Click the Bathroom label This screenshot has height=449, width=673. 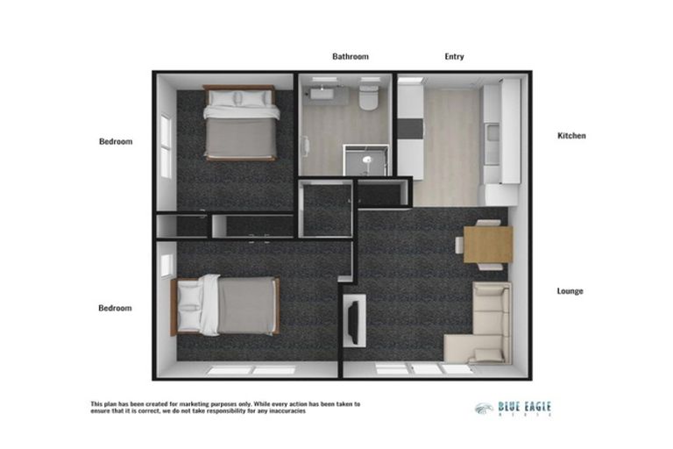[350, 57]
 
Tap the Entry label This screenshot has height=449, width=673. [454, 57]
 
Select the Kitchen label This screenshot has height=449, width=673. [571, 136]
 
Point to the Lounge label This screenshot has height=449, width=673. [570, 291]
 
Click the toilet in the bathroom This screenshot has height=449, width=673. [369, 96]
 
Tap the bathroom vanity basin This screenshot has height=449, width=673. [326, 90]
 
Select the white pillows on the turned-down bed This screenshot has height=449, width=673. [209, 305]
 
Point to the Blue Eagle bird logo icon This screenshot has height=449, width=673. [484, 408]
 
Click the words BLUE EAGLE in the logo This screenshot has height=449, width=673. [525, 407]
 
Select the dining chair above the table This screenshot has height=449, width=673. [489, 223]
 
